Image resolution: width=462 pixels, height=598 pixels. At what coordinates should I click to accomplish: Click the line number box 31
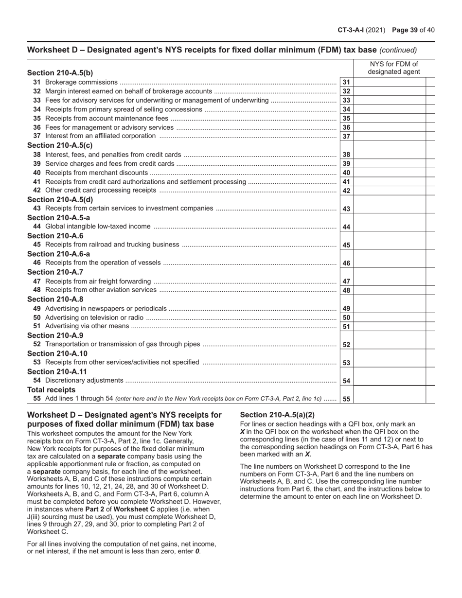click(346, 82)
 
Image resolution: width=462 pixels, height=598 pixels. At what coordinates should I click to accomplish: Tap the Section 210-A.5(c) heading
click(60, 145)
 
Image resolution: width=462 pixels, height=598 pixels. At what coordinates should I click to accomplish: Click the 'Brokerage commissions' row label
click(81, 82)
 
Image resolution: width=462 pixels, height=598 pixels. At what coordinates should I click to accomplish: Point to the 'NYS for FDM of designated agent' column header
click(394, 68)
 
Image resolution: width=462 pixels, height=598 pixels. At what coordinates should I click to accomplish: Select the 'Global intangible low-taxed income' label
click(98, 227)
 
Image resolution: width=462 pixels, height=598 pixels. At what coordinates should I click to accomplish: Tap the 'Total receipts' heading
click(52, 390)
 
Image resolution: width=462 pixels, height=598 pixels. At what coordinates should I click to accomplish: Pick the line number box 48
click(346, 290)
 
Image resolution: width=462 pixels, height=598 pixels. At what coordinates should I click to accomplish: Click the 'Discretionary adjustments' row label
click(84, 380)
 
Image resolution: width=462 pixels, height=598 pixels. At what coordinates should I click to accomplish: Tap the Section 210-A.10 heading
click(57, 353)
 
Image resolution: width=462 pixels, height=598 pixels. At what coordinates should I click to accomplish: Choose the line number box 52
click(346, 345)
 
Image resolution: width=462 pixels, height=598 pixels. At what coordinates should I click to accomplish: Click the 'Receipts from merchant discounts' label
click(96, 173)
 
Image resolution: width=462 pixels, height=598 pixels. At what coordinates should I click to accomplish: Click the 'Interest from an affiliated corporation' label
click(101, 136)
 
